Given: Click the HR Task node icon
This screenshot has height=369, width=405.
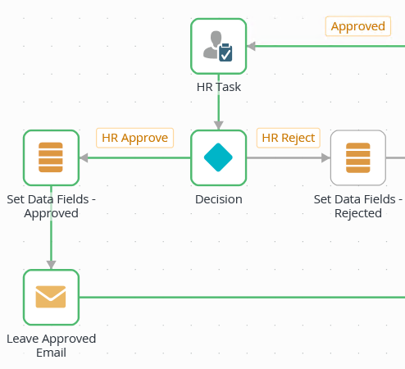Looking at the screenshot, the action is [218, 46].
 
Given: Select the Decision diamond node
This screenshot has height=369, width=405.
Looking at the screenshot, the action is [218, 157].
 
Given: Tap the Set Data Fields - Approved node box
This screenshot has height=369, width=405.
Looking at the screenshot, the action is [51, 157].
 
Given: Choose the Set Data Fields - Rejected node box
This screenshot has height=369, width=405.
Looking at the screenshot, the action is [358, 157].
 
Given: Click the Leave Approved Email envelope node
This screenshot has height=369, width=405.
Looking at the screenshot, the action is [51, 297].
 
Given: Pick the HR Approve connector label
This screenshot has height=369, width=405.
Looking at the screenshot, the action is [134, 138].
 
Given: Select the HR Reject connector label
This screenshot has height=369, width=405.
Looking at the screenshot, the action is [289, 138].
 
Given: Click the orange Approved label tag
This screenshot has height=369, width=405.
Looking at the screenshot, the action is [358, 26].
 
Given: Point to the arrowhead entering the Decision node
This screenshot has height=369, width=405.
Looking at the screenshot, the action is [218, 125].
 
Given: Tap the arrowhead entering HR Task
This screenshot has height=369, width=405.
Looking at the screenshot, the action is [251, 46].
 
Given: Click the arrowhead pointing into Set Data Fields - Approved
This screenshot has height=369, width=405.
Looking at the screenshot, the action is [84, 157].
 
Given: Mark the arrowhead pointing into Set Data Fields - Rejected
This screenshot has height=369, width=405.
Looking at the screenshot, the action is [325, 157].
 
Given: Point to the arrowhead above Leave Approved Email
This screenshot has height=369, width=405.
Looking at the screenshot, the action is [51, 265].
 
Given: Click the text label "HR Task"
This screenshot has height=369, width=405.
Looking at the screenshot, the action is [219, 87].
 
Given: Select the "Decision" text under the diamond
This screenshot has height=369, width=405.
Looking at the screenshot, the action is [219, 199].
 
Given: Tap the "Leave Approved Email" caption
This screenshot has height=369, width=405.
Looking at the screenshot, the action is [51, 345].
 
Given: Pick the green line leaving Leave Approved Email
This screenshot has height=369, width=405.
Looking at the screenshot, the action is [242, 297].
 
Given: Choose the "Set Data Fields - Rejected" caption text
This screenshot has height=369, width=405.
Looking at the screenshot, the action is [358, 206].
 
